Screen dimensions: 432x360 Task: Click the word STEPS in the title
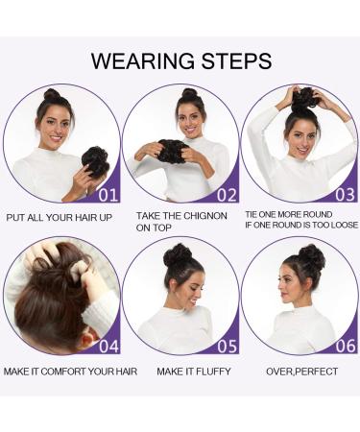click(x=231, y=61)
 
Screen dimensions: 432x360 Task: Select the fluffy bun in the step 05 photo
click(x=177, y=256)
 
